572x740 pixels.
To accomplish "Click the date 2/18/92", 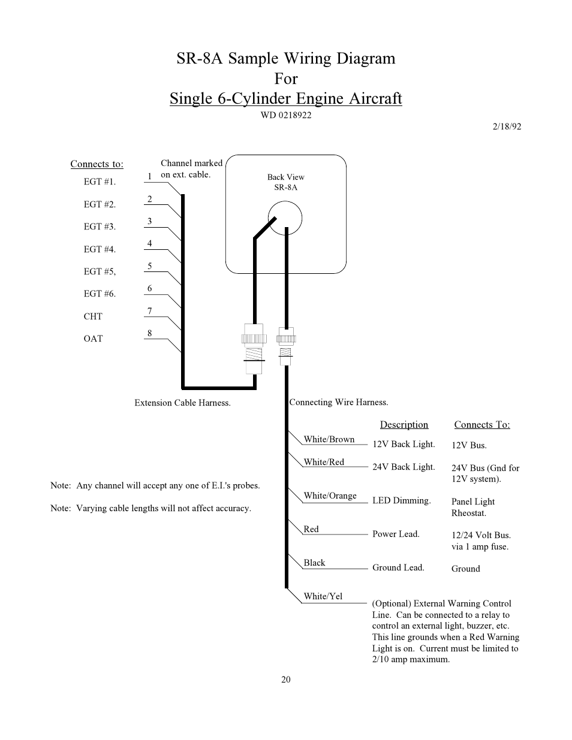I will coord(507,126).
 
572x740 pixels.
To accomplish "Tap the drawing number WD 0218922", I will coord(286,115).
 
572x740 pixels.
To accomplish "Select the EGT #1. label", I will coord(100,182).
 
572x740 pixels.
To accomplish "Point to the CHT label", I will coord(93,316).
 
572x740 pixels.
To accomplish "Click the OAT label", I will coord(93,339).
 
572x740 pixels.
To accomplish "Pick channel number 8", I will coord(149,333).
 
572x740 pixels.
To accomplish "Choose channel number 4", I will coord(149,243).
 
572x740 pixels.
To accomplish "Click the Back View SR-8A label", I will coord(286,182).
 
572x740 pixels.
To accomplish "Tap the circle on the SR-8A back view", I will coord(285,218).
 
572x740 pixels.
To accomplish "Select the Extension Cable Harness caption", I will coord(182,403).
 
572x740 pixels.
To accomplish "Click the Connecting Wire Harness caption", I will coord(339,402).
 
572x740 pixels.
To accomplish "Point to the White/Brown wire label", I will coord(329,439).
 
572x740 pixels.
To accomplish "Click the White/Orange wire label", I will coord(330,496).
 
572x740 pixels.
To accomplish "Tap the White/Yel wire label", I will coord(323,596).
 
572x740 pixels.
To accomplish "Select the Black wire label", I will coord(314,563).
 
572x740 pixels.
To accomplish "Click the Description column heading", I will coord(404,424).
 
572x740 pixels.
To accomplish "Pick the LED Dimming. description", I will coord(401,500).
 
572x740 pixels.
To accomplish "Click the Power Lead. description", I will coord(396,534).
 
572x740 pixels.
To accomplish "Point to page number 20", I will coord(286,679).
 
